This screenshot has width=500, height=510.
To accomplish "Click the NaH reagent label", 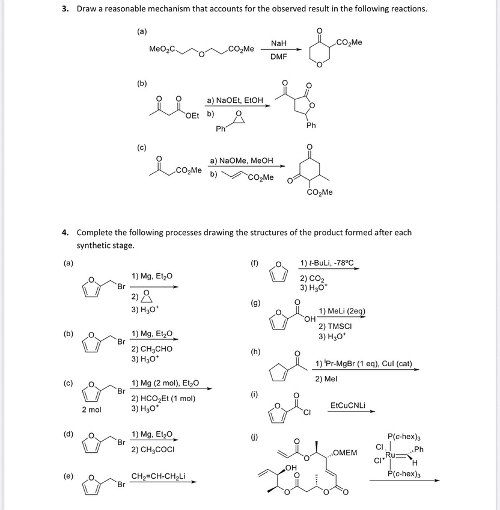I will point(278,44).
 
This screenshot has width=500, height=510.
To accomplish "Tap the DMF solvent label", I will point(278,57).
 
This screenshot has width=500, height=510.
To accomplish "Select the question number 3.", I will point(66,9).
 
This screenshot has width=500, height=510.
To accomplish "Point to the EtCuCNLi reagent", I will point(349,405).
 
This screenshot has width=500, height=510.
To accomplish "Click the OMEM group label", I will point(345,452).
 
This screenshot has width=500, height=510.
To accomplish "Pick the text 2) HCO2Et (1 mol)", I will point(163,398).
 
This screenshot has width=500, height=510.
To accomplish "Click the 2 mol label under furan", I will point(91,410).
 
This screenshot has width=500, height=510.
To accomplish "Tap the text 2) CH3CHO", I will point(152,349).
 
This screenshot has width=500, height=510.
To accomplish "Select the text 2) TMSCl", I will point(335,325).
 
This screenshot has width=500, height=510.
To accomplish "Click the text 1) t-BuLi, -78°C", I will point(327,263).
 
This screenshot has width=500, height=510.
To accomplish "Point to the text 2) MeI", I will point(326,379).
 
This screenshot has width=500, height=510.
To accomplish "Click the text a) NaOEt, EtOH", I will point(235,100).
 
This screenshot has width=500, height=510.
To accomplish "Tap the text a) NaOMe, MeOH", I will point(241,161).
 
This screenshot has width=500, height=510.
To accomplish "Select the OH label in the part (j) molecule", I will point(292,467).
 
